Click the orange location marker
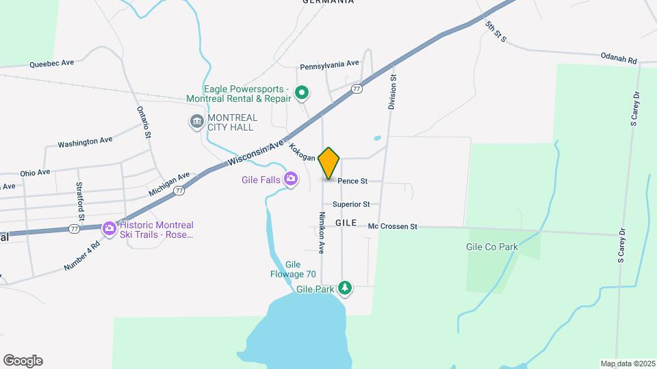coord(329,163)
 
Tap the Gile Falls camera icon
coord(292,179)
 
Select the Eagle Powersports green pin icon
coord(300,92)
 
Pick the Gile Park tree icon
coord(346,288)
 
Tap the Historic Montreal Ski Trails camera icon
coord(108,229)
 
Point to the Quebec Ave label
coord(51,64)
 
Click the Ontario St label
coord(143,122)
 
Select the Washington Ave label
coord(85,142)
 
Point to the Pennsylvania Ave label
coord(329,64)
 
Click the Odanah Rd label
coord(619,59)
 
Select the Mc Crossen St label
coord(392,226)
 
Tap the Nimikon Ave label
coord(321,232)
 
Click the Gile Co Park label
coord(491,247)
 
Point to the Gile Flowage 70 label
coord(293,270)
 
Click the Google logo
coord(23,360)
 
